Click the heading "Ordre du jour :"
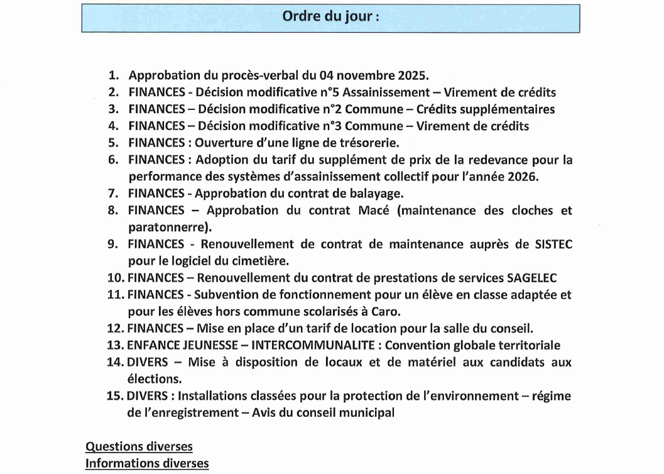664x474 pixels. point(330,17)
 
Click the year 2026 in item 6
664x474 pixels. point(523,177)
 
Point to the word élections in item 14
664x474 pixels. point(154,378)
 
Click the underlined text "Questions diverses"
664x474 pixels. point(139,447)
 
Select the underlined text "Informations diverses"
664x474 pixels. point(147,464)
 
